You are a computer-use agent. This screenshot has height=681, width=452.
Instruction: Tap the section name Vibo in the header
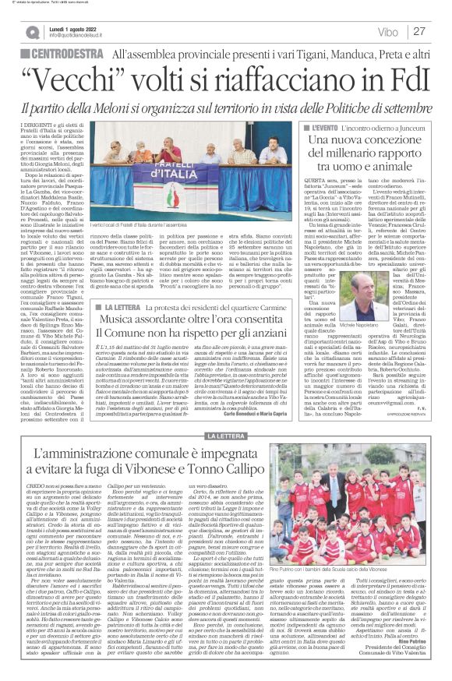click(383, 32)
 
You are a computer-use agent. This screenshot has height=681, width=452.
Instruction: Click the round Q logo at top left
click(32, 32)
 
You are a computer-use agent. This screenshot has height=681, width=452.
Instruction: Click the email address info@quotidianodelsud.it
click(84, 36)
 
